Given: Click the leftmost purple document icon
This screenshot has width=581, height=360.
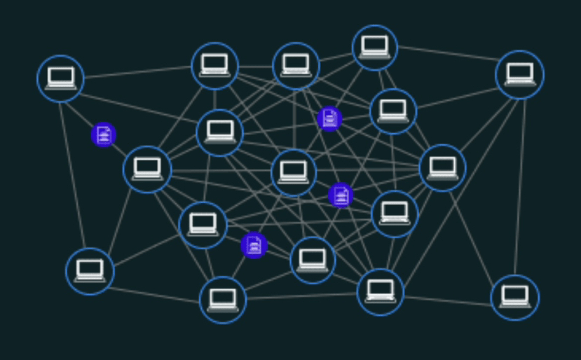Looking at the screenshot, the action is click(103, 134).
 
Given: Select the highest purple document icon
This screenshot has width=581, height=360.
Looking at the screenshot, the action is click(329, 118).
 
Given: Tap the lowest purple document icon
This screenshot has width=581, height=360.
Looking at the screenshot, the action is click(254, 245).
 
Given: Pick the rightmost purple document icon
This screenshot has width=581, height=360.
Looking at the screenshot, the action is click(341, 195).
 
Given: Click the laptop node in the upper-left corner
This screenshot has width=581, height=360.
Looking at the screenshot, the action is click(60, 78).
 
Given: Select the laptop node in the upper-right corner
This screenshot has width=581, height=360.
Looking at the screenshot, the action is click(519, 74).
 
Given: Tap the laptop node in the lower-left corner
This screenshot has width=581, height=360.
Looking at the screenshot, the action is click(90, 271).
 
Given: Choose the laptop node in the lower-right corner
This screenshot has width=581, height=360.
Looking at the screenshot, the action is click(515, 298).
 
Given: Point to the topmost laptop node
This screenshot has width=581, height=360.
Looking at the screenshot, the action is click(375, 48).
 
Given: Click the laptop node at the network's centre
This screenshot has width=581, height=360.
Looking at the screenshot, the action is click(293, 172).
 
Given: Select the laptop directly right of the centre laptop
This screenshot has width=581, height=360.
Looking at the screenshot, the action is click(442, 168).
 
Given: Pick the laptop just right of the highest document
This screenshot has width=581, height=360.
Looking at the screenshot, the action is click(393, 111).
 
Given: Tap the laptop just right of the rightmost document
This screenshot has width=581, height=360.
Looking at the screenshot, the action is click(395, 214).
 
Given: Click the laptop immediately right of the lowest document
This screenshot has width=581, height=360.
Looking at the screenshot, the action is click(313, 260).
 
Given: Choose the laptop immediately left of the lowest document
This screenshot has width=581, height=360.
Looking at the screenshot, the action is click(203, 225).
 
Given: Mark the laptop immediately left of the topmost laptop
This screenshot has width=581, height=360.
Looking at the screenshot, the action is click(296, 66).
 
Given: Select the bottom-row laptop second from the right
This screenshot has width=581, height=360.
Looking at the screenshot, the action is click(381, 291).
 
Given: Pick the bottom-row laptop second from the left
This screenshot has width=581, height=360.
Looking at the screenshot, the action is click(223, 300).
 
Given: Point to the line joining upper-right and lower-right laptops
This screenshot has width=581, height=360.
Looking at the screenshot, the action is click(517, 186).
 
